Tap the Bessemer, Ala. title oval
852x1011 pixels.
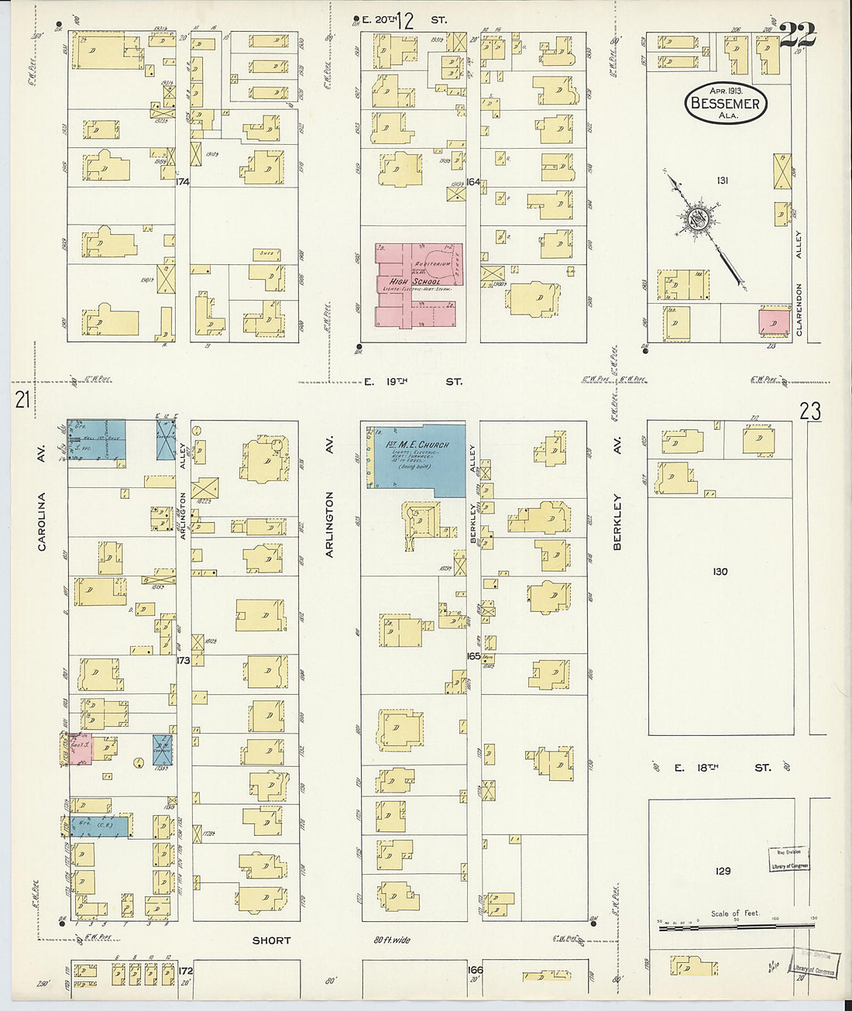(x=726, y=102)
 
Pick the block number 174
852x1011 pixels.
(x=183, y=182)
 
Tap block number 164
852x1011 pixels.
(x=472, y=182)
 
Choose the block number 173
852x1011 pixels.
(x=183, y=661)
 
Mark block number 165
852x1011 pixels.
(x=473, y=655)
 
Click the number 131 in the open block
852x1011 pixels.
(x=723, y=181)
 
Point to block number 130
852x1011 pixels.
(x=720, y=572)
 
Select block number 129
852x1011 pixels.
(x=723, y=871)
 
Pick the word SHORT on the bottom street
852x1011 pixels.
(x=271, y=941)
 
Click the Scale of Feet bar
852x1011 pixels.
(x=736, y=927)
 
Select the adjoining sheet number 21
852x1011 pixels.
(x=22, y=401)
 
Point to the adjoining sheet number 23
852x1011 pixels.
(x=810, y=411)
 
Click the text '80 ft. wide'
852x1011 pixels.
(x=392, y=941)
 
